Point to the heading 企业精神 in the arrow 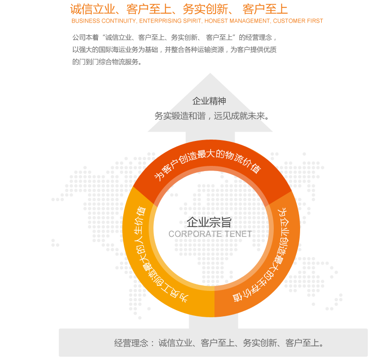(x=209, y=101)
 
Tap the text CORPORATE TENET (x=210, y=234)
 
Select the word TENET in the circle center (x=238, y=234)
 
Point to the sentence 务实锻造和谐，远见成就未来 (x=213, y=116)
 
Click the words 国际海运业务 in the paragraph (x=125, y=49)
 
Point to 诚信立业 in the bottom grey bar (x=175, y=343)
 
